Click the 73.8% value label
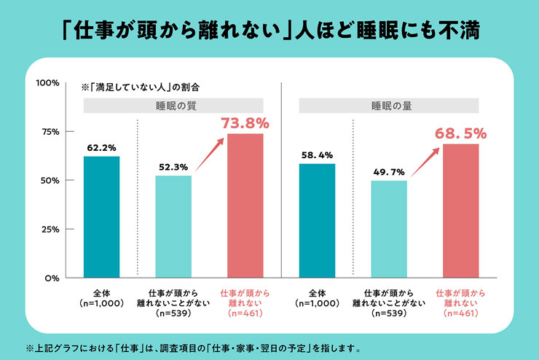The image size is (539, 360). (x=245, y=123)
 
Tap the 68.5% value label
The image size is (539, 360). (x=460, y=133)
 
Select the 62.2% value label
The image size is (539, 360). (x=101, y=148)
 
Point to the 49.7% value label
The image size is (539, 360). (x=389, y=172)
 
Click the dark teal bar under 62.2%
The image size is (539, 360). (x=101, y=217)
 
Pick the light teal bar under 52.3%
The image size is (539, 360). (x=173, y=227)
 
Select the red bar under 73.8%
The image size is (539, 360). (x=245, y=206)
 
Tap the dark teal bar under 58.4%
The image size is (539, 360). (x=317, y=221)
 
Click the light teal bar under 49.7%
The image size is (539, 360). (x=389, y=229)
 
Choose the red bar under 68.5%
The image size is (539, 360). (x=460, y=211)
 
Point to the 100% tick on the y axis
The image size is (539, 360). (x=70, y=82)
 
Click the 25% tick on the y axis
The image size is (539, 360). (x=70, y=229)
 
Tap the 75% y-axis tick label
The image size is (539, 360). (x=50, y=132)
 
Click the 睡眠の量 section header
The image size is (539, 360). (x=389, y=106)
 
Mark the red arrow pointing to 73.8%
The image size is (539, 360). (x=209, y=154)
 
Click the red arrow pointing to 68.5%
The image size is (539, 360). (x=425, y=162)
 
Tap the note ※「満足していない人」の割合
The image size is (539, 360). (x=141, y=87)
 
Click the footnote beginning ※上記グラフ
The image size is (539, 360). (x=194, y=348)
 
